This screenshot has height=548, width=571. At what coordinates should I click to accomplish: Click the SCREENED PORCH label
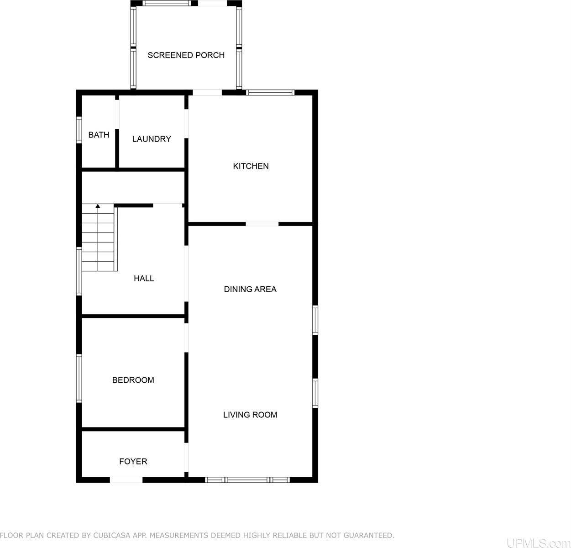click(x=186, y=55)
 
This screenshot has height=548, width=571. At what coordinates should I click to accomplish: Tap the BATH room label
click(x=99, y=135)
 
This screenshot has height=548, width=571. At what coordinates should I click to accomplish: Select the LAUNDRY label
click(x=152, y=139)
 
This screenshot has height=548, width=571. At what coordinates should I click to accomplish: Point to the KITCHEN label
click(x=251, y=166)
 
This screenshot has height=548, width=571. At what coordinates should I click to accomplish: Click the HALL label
click(x=144, y=278)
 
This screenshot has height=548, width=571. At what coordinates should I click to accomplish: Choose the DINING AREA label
click(x=250, y=289)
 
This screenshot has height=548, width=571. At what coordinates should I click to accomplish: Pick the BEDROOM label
click(x=133, y=380)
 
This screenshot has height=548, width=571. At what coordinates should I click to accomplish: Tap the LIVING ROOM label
click(x=250, y=415)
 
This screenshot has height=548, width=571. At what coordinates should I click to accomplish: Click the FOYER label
click(x=133, y=461)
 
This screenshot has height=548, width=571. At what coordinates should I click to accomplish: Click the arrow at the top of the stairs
click(x=98, y=206)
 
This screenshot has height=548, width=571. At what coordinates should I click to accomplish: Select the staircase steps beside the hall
click(x=98, y=237)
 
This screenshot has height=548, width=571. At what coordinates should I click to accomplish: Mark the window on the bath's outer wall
click(x=79, y=130)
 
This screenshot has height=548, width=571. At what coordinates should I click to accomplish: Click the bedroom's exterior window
click(x=79, y=378)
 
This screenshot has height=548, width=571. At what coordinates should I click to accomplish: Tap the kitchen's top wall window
click(x=270, y=92)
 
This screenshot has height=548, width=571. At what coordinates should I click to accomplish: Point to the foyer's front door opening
click(x=126, y=479)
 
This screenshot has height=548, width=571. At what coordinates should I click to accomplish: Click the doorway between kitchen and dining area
click(x=262, y=224)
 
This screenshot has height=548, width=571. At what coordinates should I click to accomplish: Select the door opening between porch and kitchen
click(x=207, y=92)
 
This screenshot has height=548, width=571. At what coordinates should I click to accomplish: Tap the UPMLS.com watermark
click(x=538, y=543)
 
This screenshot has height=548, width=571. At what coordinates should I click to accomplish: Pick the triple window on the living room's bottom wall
click(x=247, y=479)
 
